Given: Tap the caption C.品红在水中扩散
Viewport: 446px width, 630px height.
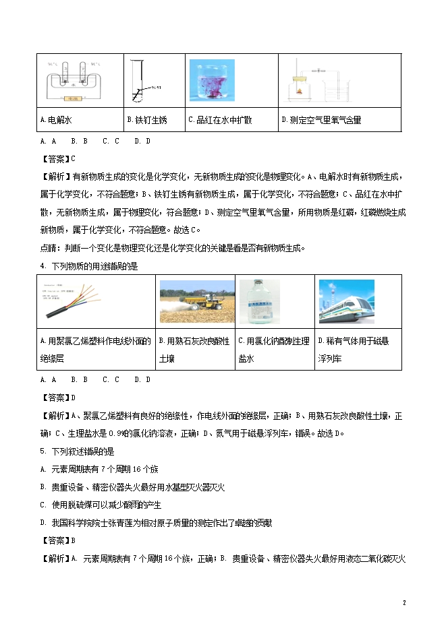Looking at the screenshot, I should pos(220,120).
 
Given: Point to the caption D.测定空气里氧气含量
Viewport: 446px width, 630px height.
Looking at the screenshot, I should pos(320,120).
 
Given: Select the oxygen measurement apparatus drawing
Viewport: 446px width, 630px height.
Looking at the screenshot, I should pos(324,82).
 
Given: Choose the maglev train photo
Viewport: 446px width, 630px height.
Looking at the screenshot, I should pos(351,302).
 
